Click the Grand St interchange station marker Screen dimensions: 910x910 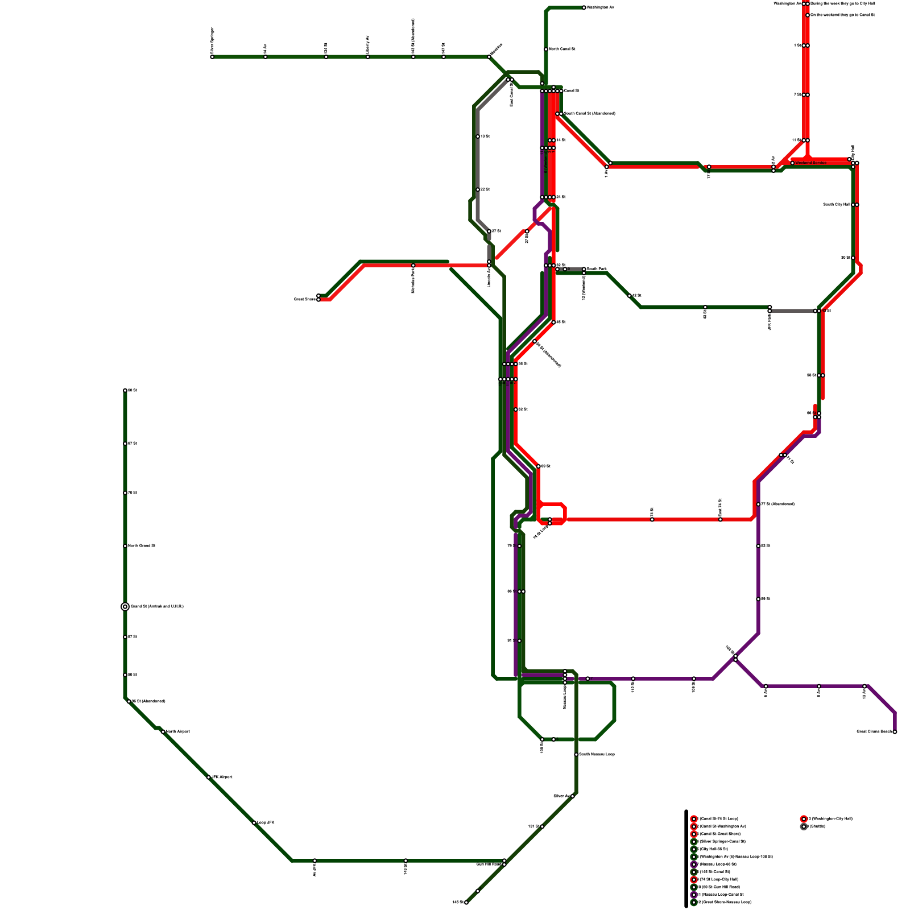125,607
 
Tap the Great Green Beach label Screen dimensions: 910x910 874,732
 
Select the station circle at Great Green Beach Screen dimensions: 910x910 895,732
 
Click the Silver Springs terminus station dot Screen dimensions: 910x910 212,57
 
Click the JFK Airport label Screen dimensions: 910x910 222,777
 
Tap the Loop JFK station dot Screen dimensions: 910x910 254,823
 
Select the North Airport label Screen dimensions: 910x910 177,731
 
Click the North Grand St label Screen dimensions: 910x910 142,546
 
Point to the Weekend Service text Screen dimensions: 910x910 811,163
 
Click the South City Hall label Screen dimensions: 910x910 836,205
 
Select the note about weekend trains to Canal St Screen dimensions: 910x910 842,15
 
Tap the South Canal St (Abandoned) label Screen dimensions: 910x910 589,114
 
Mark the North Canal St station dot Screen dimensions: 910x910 546,49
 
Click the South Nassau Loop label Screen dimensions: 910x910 597,755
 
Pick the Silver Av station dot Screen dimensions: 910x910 572,796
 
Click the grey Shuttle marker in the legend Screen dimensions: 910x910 804,826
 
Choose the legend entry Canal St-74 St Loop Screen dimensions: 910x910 718,819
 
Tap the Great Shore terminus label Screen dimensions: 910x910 304,299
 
